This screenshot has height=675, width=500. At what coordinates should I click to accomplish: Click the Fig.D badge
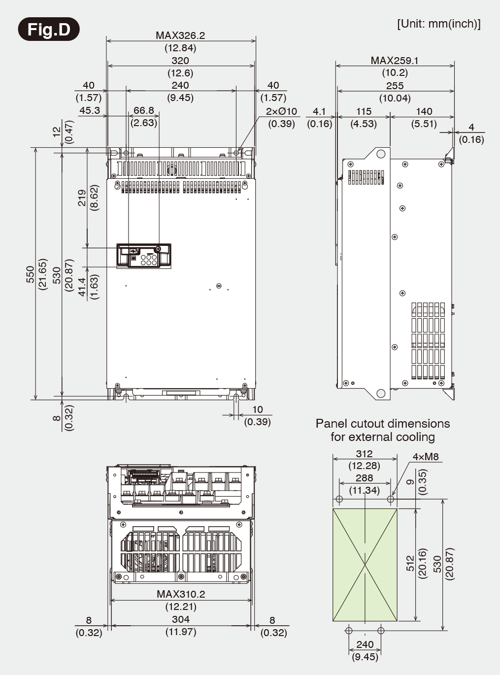[48, 30]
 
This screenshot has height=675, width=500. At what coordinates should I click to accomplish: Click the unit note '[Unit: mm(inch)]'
[438, 24]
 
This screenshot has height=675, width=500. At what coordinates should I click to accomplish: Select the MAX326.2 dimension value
[180, 35]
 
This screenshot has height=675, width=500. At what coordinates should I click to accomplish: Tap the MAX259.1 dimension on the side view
[395, 60]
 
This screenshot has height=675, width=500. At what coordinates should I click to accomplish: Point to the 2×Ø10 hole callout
[281, 111]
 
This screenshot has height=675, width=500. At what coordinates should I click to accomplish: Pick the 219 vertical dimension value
[82, 198]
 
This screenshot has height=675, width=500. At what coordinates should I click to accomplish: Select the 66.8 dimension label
[144, 110]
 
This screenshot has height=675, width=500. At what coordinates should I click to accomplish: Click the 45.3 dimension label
[90, 110]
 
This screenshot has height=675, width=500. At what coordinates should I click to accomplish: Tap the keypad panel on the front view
[144, 255]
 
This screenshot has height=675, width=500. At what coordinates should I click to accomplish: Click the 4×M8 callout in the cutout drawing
[426, 457]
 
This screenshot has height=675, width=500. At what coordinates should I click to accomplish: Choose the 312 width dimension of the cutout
[364, 454]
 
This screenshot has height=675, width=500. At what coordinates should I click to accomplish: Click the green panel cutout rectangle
[365, 565]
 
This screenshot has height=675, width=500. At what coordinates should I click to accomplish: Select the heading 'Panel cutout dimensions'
[382, 424]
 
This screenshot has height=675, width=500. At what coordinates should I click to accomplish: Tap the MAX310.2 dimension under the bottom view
[180, 594]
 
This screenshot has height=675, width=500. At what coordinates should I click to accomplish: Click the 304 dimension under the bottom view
[180, 619]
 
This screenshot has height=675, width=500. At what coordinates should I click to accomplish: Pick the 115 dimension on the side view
[364, 111]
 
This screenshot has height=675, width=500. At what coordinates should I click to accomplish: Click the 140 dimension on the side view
[424, 111]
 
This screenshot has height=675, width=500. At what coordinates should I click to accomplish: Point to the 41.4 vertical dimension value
[82, 287]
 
